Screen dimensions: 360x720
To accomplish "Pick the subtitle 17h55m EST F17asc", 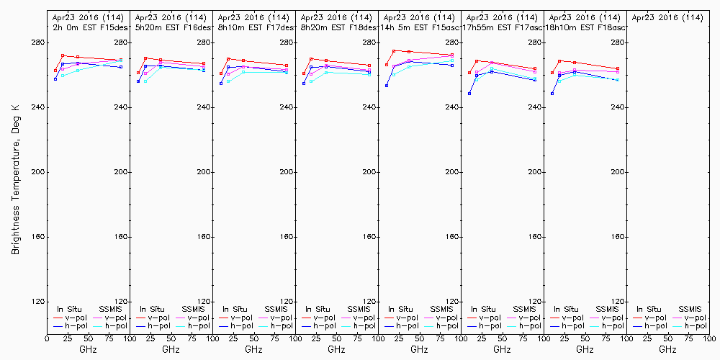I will tap(503, 27).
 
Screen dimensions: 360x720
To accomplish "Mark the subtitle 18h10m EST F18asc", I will tap(585, 27).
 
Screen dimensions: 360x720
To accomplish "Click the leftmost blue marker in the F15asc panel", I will tap(387, 86).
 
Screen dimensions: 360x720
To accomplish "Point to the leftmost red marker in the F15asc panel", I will tap(387, 65).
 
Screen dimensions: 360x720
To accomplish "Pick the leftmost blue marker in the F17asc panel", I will tap(469, 94).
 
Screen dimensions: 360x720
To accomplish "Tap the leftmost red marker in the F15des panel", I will tap(55, 71).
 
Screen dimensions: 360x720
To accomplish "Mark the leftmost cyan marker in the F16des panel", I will tap(145, 81).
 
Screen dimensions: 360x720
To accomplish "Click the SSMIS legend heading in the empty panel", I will tap(688, 309).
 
